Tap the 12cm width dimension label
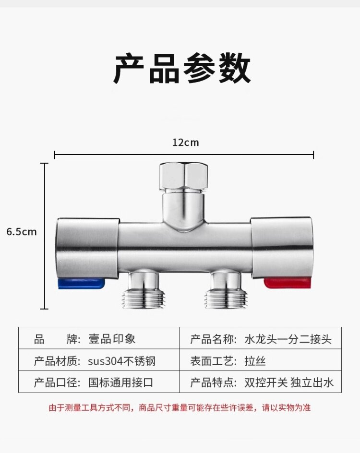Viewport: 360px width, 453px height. (185, 143)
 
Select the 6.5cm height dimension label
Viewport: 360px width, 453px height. (21, 232)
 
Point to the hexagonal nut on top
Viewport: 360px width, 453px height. (184, 176)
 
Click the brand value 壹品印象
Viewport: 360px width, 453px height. (112, 339)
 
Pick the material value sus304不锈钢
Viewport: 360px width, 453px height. (121, 361)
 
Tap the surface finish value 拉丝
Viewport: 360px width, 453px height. (255, 361)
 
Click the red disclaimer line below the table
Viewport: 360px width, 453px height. (180, 408)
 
